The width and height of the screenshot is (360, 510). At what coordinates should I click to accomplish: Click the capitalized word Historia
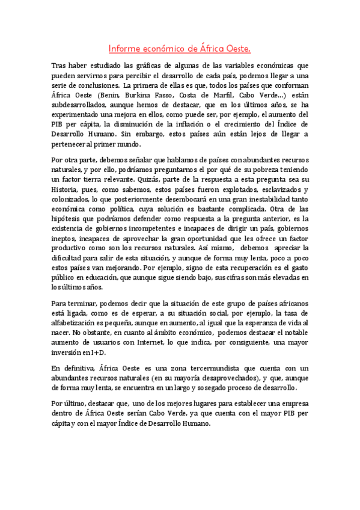(68, 189)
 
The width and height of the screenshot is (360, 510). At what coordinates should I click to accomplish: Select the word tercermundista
(185, 368)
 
